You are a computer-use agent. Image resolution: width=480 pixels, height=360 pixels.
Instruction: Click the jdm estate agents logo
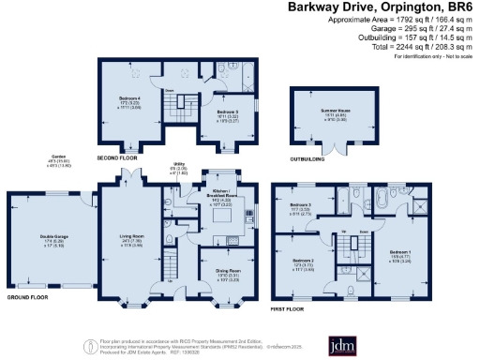[343, 342]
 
